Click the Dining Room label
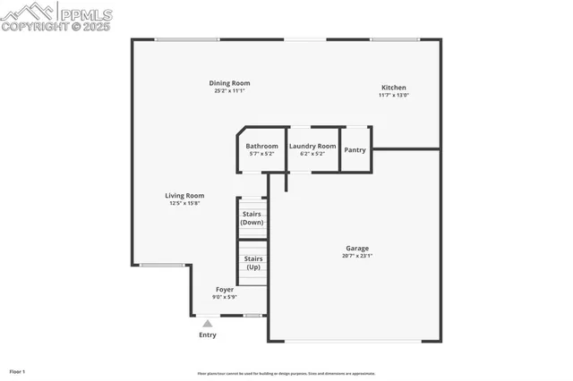(x=229, y=83)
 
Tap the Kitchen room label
(x=393, y=88)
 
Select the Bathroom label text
(x=262, y=146)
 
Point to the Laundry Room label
(x=312, y=146)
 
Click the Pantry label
(x=355, y=150)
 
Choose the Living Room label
(x=184, y=195)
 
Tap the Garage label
(x=357, y=248)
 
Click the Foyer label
(x=224, y=289)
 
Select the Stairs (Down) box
(x=252, y=218)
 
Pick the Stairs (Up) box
(x=252, y=263)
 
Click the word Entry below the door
(x=207, y=335)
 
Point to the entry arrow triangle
(x=207, y=323)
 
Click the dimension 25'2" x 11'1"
(x=229, y=91)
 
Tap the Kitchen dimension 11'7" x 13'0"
(x=393, y=96)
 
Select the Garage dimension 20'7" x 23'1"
(x=357, y=256)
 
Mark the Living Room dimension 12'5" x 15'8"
(x=184, y=203)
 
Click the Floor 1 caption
(x=17, y=371)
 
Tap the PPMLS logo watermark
(x=56, y=17)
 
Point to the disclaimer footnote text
(x=286, y=374)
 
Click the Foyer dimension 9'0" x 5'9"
(x=224, y=297)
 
